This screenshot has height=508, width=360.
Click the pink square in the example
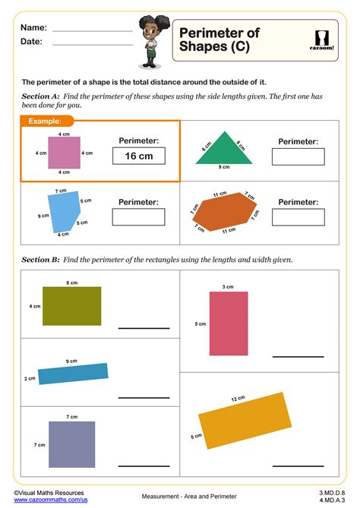tap(64, 152)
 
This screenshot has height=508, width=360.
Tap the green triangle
tap(224, 150)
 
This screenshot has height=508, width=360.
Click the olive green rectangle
tap(71, 306)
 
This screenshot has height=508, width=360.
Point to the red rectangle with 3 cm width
tap(229, 323)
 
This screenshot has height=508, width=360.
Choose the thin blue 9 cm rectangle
tap(73, 374)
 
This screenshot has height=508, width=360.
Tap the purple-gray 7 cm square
tap(71, 444)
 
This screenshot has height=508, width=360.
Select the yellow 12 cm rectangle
tap(245, 421)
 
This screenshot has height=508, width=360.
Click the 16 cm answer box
tap(139, 156)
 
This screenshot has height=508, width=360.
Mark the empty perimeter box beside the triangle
tap(298, 156)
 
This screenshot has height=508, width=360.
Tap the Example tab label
tap(45, 121)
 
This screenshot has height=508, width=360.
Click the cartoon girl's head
tap(149, 31)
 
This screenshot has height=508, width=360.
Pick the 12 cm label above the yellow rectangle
tap(238, 399)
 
